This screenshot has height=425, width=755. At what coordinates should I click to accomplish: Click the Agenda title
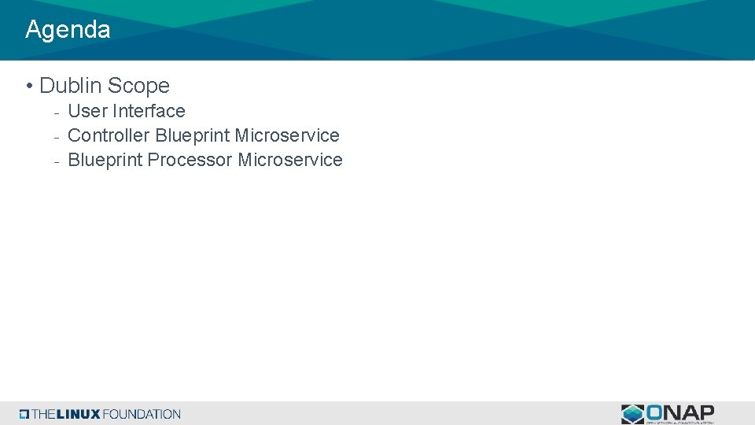(68, 30)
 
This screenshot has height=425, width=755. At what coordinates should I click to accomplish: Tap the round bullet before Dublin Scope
(28, 86)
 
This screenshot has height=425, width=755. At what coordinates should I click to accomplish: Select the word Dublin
(70, 86)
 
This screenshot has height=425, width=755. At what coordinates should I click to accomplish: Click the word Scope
(138, 86)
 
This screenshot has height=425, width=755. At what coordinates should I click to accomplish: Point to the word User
(87, 111)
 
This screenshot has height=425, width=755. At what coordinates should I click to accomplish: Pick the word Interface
(149, 111)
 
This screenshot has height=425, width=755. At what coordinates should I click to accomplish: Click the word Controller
(109, 135)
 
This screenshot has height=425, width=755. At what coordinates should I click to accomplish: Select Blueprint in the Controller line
(192, 135)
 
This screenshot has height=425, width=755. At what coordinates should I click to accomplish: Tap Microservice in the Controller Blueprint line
(287, 135)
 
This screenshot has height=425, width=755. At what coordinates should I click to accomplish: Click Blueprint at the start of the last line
(105, 160)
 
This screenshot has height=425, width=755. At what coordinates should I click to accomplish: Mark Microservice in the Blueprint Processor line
(290, 160)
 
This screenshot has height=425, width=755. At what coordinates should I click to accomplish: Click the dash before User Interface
(56, 113)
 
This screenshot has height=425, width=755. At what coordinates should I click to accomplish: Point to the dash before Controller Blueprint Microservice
(56, 137)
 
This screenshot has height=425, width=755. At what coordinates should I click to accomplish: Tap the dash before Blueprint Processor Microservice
(56, 161)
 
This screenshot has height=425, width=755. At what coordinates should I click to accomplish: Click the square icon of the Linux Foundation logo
(24, 414)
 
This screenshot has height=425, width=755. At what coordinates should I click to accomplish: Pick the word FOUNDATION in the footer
(142, 414)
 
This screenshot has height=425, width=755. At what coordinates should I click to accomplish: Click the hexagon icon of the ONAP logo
(632, 414)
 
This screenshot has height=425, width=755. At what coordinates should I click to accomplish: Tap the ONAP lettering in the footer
(680, 412)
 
